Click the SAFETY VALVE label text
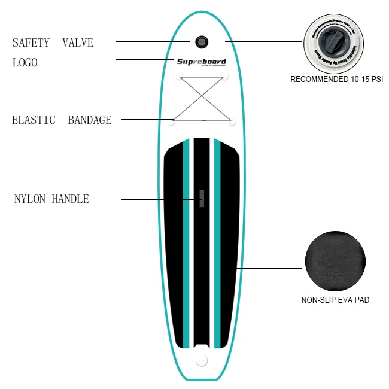click(x=53, y=43)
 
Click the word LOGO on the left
click(x=25, y=62)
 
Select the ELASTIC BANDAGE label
click(x=62, y=120)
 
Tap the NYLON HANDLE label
click(x=51, y=199)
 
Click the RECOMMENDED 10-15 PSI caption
click(x=336, y=80)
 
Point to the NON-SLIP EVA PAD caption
click(x=335, y=300)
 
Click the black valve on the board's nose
click(x=201, y=41)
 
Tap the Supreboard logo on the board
click(x=201, y=62)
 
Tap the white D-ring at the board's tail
click(x=202, y=360)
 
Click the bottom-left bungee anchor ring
click(x=172, y=123)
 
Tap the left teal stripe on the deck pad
click(x=186, y=239)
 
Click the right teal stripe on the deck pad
click(x=217, y=239)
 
